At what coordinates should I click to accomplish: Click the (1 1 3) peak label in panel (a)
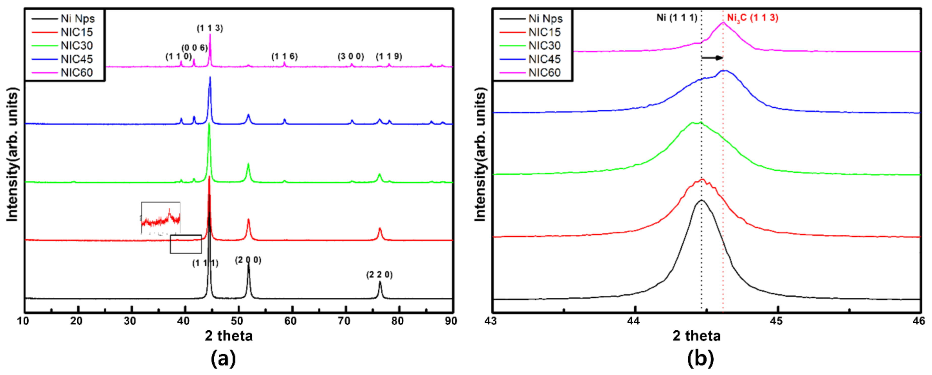pyautogui.click(x=210, y=28)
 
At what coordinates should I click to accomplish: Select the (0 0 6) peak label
pyautogui.click(x=195, y=48)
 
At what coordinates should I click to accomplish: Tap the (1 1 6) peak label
pyautogui.click(x=285, y=56)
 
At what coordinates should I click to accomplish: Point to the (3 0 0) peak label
pyautogui.click(x=351, y=56)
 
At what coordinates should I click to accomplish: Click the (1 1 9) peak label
pyautogui.click(x=389, y=56)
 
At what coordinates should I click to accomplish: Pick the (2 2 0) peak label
pyautogui.click(x=379, y=275)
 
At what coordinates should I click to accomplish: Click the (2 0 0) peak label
pyautogui.click(x=248, y=260)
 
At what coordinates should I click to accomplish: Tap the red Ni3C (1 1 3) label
pyautogui.click(x=753, y=18)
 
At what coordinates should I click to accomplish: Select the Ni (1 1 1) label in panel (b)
pyautogui.click(x=677, y=18)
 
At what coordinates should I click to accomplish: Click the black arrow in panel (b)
pyautogui.click(x=712, y=58)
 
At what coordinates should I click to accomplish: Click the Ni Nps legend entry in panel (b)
pyautogui.click(x=545, y=18)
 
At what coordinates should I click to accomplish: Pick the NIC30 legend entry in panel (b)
pyautogui.click(x=544, y=46)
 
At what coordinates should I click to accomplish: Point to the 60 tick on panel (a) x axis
pyautogui.click(x=291, y=321)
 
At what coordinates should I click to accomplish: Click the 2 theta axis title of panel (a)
pyautogui.click(x=229, y=336)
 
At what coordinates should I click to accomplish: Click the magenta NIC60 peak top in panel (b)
pyautogui.click(x=723, y=23)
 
